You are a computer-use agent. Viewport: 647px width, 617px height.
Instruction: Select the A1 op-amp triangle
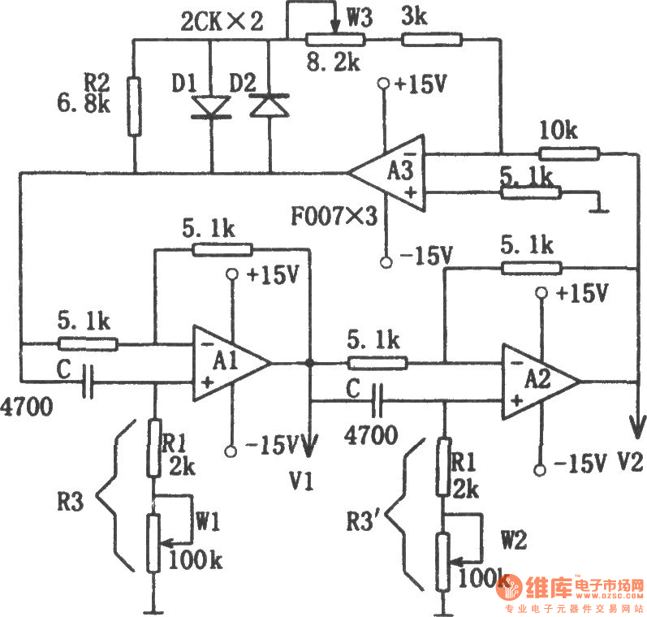(x=228, y=363)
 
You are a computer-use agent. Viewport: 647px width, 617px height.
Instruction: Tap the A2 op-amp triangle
(x=537, y=380)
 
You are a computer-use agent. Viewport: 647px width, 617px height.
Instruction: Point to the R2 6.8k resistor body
(x=135, y=106)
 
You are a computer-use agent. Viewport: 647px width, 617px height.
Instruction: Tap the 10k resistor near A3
(x=569, y=152)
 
